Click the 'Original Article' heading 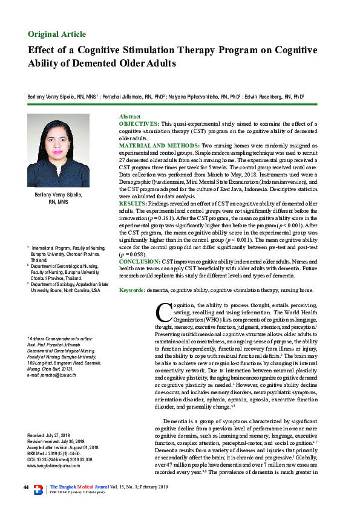coord(57,33)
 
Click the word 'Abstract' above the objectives coord(129,116)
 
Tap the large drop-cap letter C coord(163,313)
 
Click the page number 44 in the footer coord(26,488)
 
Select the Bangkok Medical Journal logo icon coord(39,488)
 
